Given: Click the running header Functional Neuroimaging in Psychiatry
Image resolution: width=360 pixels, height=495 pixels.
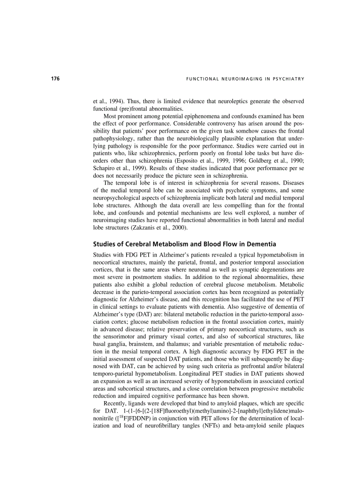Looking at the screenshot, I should tap(245, 79).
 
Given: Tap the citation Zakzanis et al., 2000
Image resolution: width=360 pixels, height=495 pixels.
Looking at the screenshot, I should tap(159, 227).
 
